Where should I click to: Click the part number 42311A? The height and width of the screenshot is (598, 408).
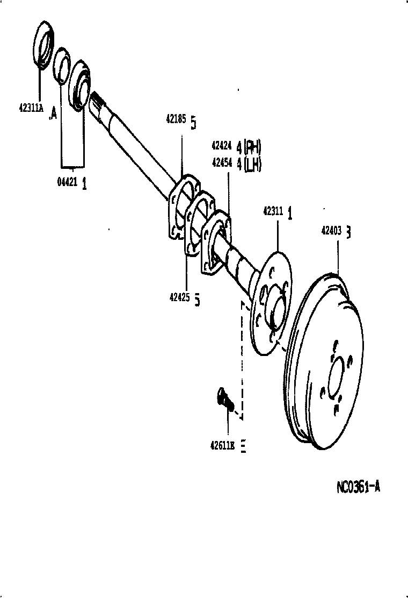(31, 106)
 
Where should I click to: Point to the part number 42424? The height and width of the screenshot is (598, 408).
(221, 146)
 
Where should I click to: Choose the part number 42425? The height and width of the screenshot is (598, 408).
(180, 297)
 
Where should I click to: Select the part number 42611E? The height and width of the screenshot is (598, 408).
(223, 445)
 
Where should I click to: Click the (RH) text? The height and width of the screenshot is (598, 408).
(252, 146)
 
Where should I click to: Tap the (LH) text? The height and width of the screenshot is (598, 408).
(252, 165)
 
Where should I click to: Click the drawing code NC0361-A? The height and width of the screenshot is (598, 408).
(358, 488)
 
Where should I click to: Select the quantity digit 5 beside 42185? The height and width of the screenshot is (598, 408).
(193, 123)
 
